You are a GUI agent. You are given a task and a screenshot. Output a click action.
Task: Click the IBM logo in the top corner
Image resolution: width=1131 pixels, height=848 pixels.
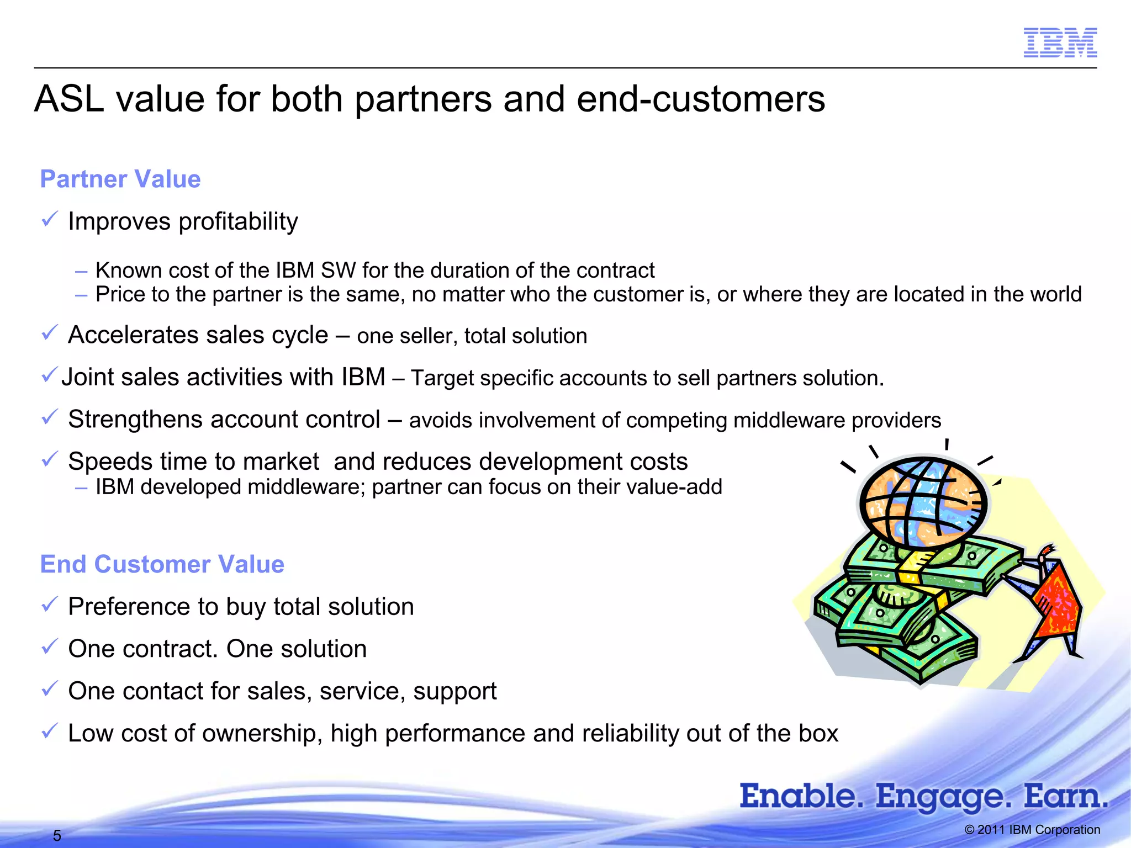click(x=1060, y=43)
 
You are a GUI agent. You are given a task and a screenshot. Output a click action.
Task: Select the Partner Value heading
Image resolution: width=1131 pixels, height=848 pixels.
click(x=120, y=179)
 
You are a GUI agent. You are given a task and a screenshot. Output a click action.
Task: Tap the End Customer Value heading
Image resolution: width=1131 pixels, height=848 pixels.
click(x=162, y=564)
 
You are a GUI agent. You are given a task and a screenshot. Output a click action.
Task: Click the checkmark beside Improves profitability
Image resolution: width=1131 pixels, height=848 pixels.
click(x=50, y=220)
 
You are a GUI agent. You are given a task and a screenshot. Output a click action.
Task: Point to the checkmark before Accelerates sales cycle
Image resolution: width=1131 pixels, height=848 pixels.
click(x=50, y=333)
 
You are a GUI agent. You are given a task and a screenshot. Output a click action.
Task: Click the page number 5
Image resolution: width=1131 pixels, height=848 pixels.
click(x=57, y=835)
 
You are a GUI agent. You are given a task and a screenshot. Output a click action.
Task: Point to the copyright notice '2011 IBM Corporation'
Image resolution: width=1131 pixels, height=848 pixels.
click(x=1032, y=830)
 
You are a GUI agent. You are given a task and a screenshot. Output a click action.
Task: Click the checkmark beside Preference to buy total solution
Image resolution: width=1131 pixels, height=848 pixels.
click(x=50, y=605)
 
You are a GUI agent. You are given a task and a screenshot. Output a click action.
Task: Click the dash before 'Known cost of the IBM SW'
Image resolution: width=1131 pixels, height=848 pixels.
click(x=81, y=271)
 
